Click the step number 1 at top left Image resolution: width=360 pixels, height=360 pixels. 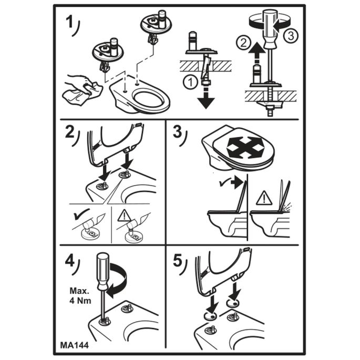point(69,22)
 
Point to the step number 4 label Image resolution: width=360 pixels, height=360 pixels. point(70,261)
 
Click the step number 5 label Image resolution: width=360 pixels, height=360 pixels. point(178,261)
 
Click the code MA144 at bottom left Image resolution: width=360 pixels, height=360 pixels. point(74,345)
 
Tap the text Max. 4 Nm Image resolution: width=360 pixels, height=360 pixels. point(80,296)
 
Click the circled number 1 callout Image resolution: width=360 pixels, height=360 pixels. point(190,83)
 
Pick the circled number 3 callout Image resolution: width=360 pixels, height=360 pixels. point(291,36)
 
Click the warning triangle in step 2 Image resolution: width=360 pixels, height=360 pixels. point(124,217)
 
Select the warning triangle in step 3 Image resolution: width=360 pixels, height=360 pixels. point(264,198)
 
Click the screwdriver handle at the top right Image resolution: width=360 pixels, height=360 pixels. point(270,29)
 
